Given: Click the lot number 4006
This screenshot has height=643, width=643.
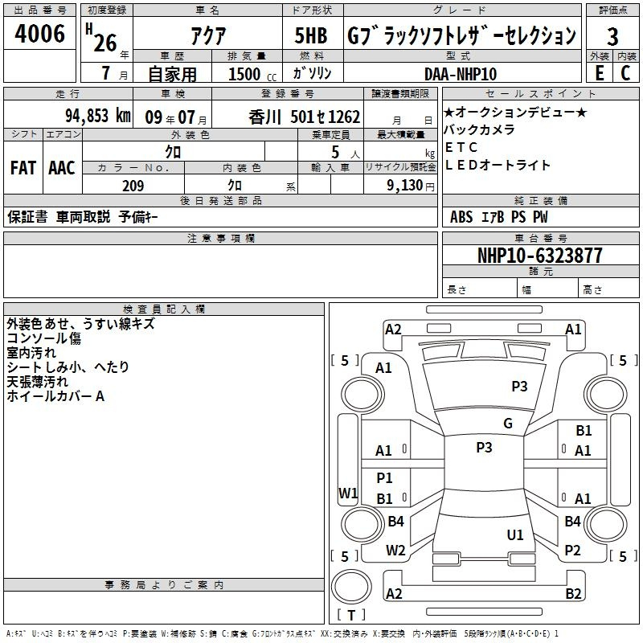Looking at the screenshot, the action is click(39, 34).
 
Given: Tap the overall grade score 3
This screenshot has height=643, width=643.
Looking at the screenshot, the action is click(612, 37).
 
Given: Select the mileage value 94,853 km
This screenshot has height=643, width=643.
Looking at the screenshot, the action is click(98, 116).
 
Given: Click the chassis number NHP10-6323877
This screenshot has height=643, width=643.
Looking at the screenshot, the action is click(540, 256).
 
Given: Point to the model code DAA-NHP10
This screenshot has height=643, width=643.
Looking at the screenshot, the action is click(461, 74).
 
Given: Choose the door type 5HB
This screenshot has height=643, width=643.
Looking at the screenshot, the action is click(311, 35).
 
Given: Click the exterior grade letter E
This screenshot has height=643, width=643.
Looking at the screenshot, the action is click(600, 73).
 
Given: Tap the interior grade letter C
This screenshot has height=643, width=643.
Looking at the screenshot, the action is click(625, 73).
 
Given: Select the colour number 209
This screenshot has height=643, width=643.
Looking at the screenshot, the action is click(133, 186).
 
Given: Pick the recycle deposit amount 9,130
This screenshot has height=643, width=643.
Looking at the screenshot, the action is click(405, 186).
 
